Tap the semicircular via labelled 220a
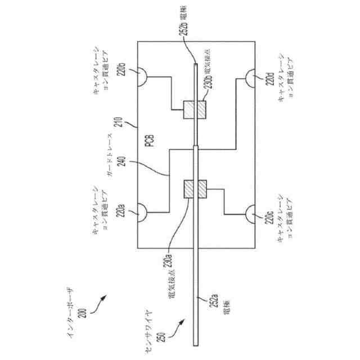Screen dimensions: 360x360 [141, 213]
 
